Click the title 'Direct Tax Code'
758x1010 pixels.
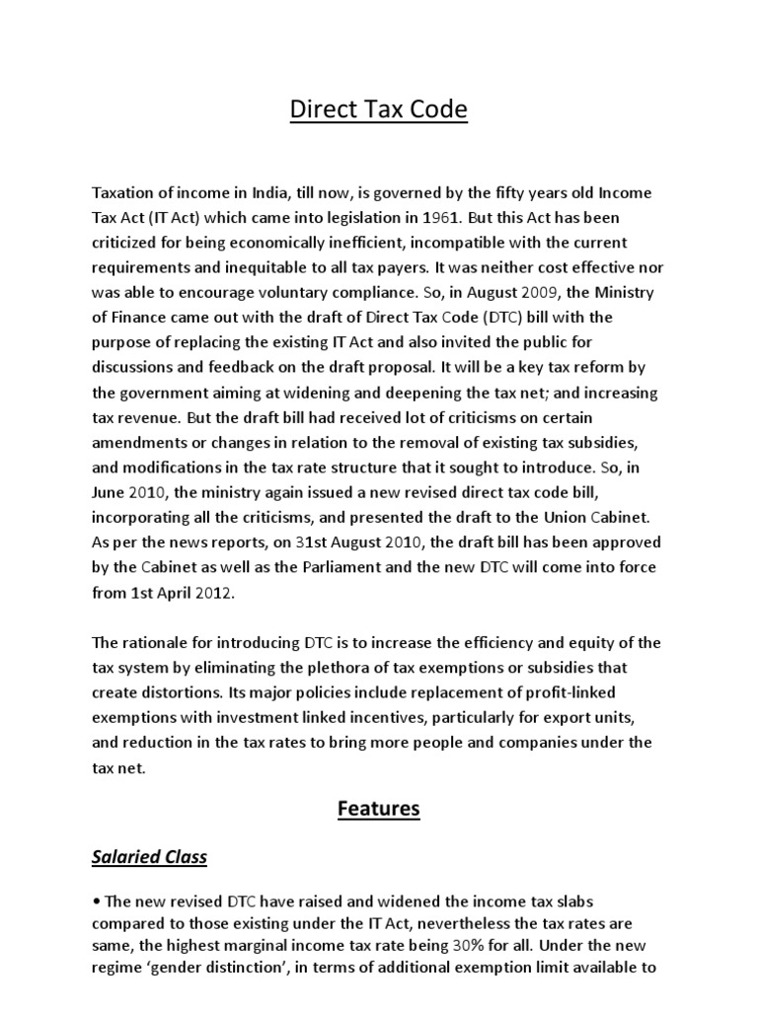point(379,109)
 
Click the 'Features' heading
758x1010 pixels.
point(379,810)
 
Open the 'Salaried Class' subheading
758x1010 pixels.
point(149,857)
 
